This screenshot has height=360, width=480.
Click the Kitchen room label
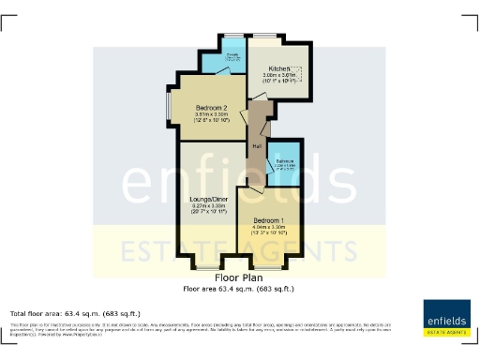277,69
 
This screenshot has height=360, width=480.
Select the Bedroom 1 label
266,220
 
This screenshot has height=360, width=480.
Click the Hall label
255,145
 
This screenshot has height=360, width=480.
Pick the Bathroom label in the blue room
283,161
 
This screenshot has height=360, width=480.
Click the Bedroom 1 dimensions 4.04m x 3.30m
266,227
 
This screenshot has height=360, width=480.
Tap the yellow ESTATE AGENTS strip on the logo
446,331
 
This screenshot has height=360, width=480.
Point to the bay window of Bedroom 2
169,109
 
